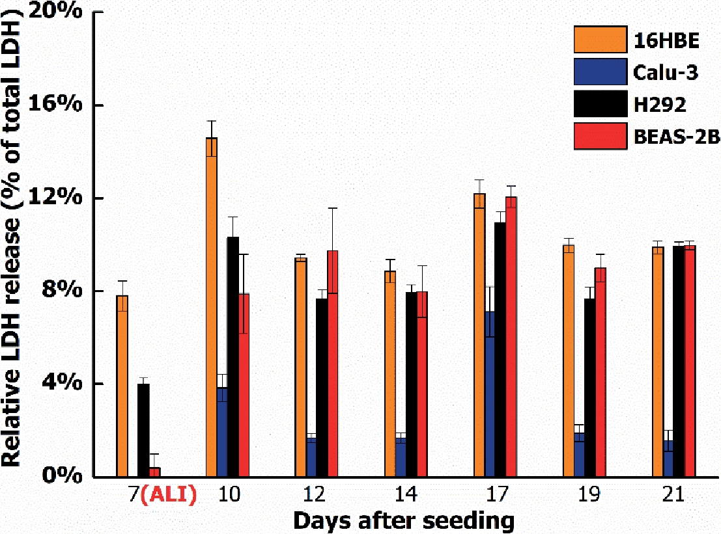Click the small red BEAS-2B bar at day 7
(154, 472)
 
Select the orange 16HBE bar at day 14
(389, 373)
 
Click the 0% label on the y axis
(68, 477)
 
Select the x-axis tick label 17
(495, 495)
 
